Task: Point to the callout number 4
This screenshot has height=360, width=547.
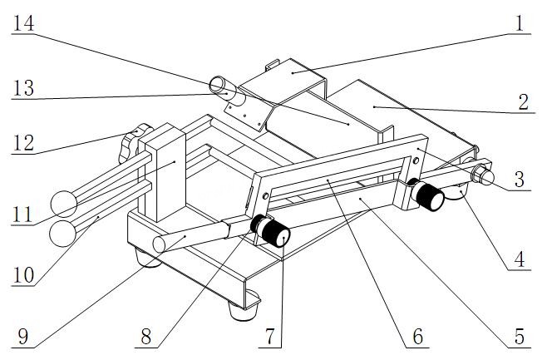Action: click(x=520, y=259)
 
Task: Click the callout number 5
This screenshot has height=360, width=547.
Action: click(x=520, y=337)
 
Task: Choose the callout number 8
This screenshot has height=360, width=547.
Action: click(x=146, y=337)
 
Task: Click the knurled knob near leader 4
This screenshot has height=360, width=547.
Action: click(x=430, y=196)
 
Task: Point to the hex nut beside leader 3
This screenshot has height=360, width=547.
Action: click(x=480, y=173)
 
